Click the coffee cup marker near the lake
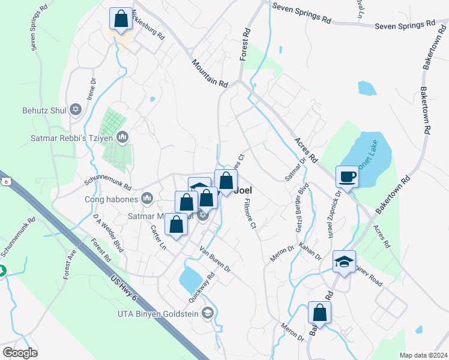(x=347, y=176)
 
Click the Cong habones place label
(x=113, y=199)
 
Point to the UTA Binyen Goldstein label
(x=158, y=312)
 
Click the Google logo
(x=20, y=352)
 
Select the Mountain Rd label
(x=210, y=73)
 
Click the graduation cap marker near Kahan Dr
(x=345, y=262)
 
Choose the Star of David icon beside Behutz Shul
(x=76, y=109)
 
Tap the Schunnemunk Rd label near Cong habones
(x=107, y=187)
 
